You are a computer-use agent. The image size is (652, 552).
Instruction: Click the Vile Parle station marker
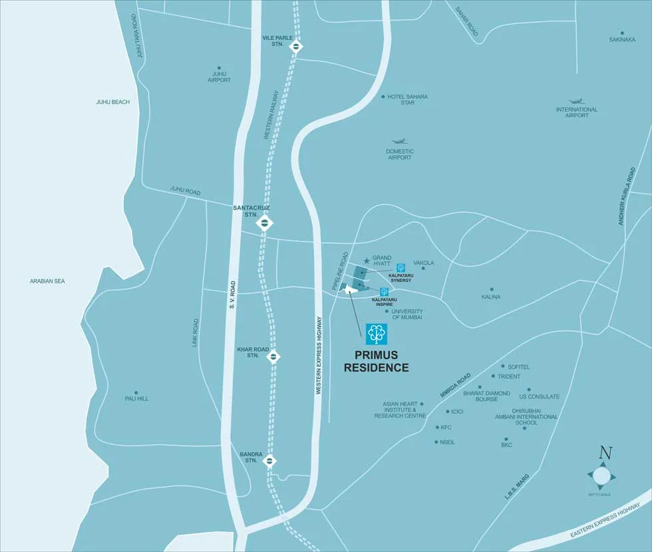[297, 47]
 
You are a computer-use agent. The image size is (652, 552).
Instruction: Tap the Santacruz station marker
[265, 223]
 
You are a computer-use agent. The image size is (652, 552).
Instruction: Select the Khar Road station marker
[273, 357]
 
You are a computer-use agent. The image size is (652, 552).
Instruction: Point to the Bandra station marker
[270, 461]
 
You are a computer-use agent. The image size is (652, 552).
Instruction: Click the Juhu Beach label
[113, 102]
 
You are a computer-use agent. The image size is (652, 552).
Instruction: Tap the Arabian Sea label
[47, 281]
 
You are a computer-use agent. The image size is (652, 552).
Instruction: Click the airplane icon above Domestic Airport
[399, 142]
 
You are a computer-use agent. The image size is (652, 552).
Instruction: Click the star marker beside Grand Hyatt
[366, 261]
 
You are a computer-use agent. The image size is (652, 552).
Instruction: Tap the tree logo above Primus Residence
[377, 333]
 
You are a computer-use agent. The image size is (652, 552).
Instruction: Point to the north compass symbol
[601, 475]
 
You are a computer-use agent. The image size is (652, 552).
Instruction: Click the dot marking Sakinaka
[622, 33]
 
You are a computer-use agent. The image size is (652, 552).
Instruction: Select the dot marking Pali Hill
[136, 392]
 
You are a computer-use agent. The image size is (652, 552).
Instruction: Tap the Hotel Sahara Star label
[408, 100]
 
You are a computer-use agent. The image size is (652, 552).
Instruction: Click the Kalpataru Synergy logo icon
[401, 268]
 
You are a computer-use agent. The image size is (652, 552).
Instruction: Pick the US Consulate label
[544, 397]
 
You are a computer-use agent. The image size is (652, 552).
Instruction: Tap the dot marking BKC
[506, 439]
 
